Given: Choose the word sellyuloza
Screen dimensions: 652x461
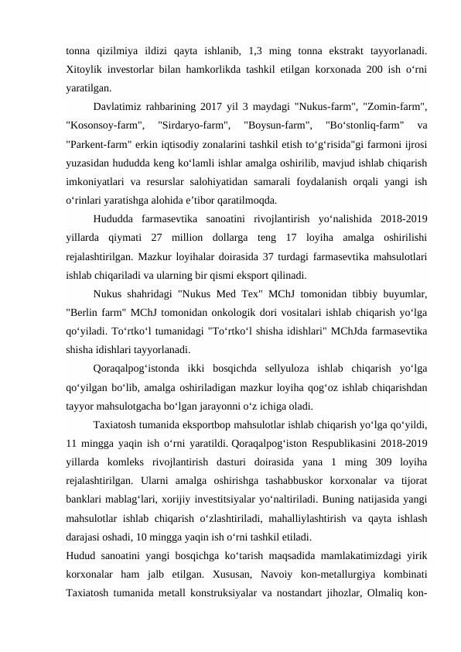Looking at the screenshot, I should coord(285,369).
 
